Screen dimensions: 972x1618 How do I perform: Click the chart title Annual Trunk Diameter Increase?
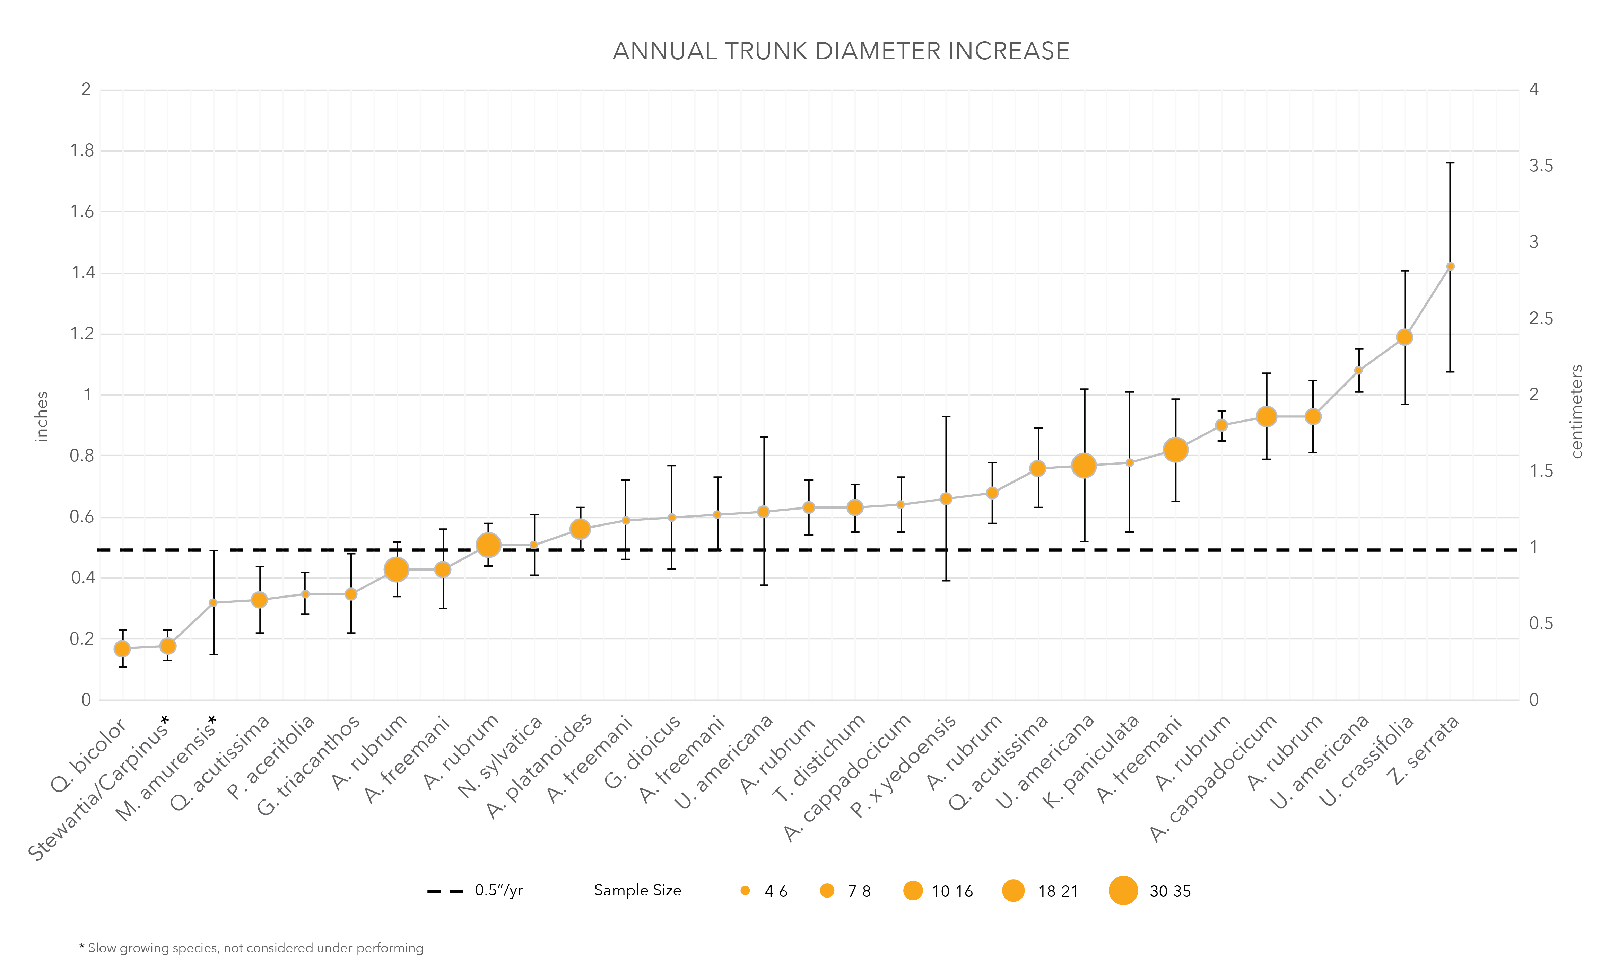(841, 51)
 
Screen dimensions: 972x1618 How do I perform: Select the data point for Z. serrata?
(1450, 267)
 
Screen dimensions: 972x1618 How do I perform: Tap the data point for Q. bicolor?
(122, 649)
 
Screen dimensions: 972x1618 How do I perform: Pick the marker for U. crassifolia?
(1404, 337)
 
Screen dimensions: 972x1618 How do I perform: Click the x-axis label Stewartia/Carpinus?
(98, 789)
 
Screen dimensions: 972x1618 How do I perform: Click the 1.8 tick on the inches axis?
(82, 151)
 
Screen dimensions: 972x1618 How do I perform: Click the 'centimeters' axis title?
(1577, 411)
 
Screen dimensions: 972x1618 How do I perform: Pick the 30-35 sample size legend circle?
(1123, 891)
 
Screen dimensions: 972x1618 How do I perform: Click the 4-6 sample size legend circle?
(745, 891)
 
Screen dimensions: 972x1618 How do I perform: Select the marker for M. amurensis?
(213, 603)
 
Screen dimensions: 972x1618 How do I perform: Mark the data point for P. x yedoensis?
(946, 499)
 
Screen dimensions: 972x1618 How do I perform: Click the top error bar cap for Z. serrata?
(1450, 162)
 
